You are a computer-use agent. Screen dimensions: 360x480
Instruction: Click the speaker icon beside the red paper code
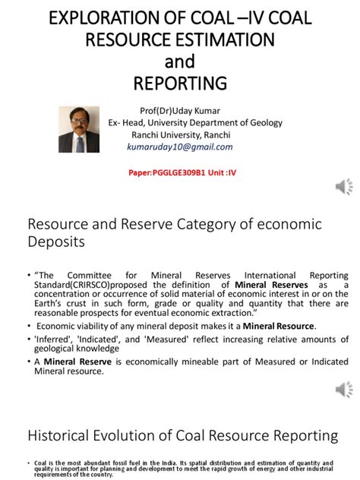344,186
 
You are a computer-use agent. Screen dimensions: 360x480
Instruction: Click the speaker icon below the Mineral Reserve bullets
344,390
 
